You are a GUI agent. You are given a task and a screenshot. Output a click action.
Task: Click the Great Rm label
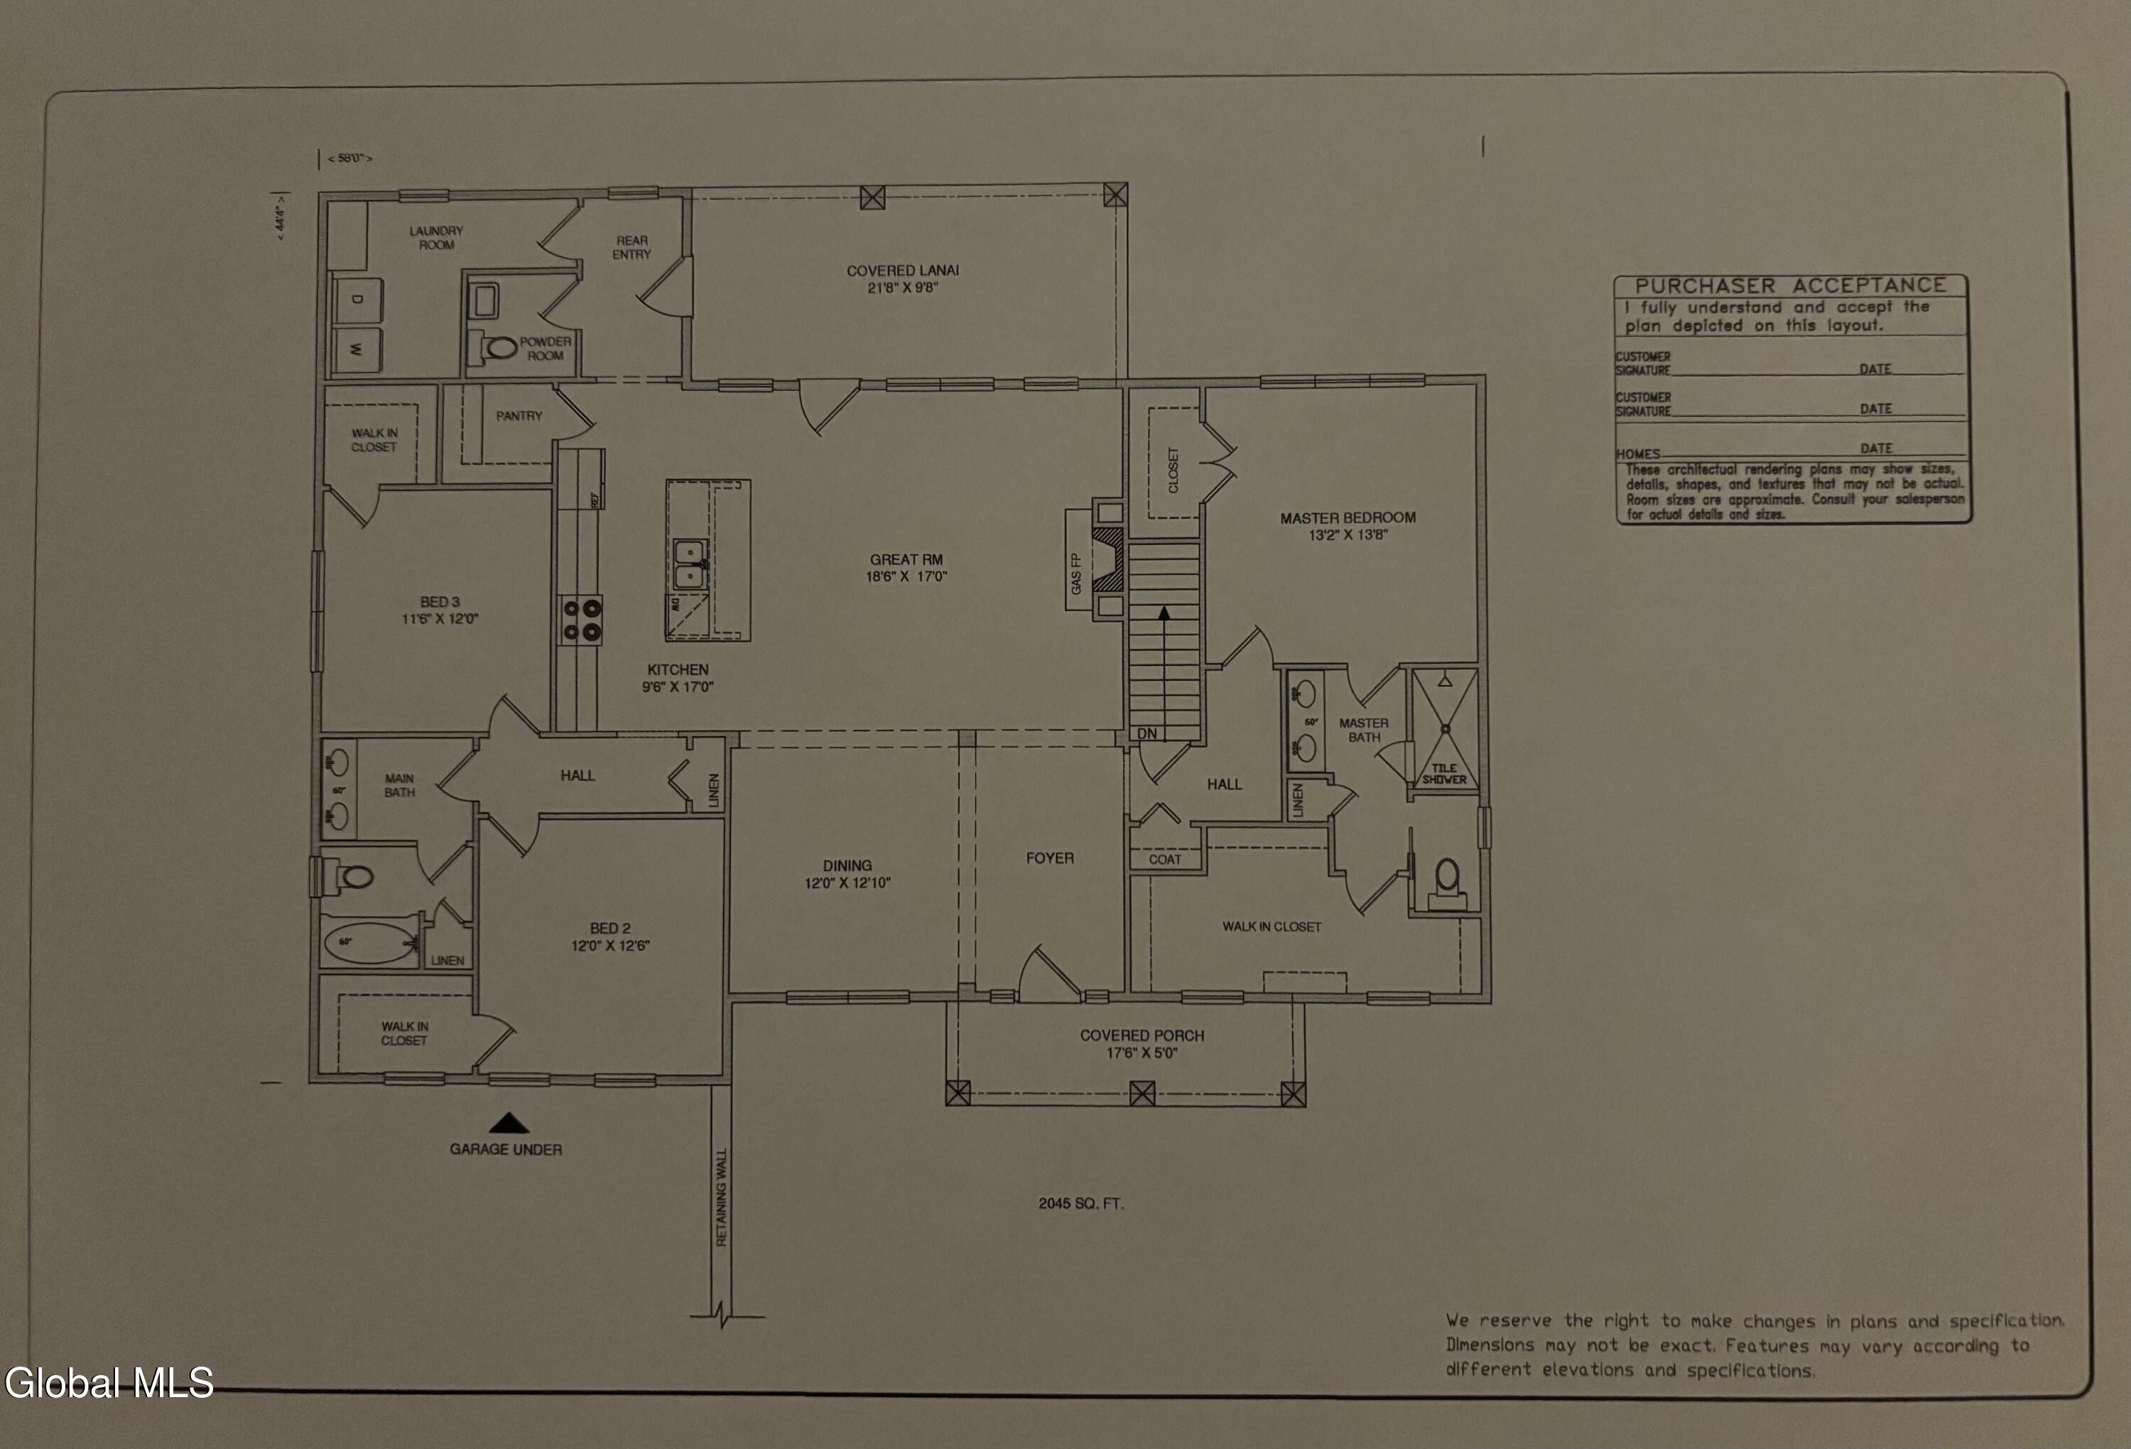(906, 559)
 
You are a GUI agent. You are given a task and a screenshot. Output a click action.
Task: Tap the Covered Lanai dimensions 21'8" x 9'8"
(904, 288)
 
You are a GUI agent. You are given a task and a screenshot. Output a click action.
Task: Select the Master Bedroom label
(1347, 518)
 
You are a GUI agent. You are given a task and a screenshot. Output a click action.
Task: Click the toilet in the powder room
(500, 348)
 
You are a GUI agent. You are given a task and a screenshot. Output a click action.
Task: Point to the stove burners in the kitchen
(581, 619)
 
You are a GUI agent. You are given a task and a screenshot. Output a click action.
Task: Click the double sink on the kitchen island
(690, 565)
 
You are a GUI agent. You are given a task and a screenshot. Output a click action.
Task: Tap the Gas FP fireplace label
(1076, 574)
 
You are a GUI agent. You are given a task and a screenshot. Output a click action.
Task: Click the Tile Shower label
(1444, 774)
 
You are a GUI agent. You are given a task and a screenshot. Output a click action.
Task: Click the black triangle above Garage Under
(508, 1123)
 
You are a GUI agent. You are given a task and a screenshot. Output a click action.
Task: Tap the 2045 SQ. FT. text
(1080, 1203)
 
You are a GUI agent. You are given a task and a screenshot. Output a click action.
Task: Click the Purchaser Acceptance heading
(1790, 285)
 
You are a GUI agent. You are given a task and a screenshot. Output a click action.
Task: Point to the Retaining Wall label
(721, 1197)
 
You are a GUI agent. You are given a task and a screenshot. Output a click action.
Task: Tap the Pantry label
(519, 416)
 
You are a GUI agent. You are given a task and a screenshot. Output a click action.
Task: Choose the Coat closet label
(1164, 859)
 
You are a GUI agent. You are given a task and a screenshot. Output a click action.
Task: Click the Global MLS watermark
(108, 1382)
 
